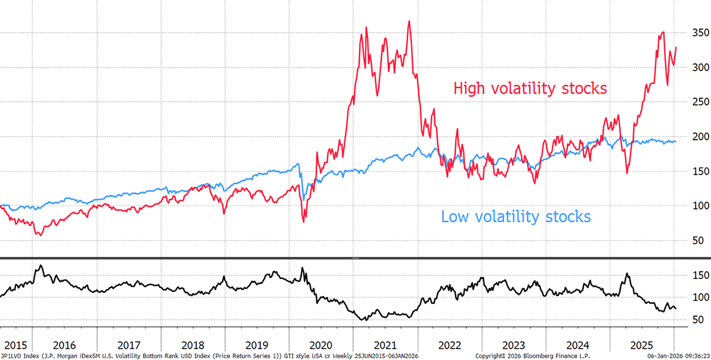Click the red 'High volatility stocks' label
[530, 89]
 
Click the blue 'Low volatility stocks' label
[515, 217]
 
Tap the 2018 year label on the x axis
[193, 344]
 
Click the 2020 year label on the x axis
[321, 344]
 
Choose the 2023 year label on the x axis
[514, 344]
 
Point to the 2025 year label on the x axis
[642, 344]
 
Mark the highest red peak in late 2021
[409, 21]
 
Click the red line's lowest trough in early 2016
[39, 236]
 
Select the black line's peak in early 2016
[40, 265]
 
